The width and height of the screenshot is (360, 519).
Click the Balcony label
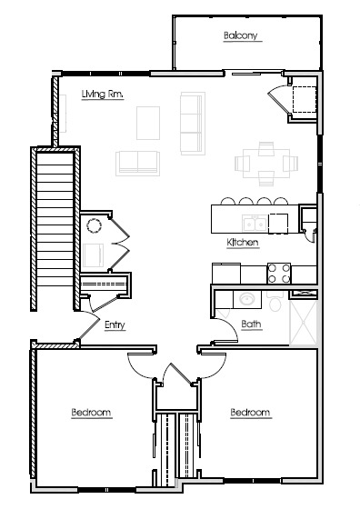pyautogui.click(x=241, y=36)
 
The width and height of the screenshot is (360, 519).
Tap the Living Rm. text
pyautogui.click(x=102, y=94)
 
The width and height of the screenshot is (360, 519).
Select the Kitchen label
pyautogui.click(x=244, y=243)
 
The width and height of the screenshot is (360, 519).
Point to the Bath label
pyautogui.click(x=252, y=324)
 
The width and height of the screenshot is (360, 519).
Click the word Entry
pyautogui.click(x=115, y=324)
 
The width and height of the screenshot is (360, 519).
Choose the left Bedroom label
pyautogui.click(x=91, y=413)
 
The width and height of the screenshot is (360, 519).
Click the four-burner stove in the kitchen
pyautogui.click(x=278, y=272)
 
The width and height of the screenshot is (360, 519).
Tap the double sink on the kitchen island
pyautogui.click(x=254, y=223)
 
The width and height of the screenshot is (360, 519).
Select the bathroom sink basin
pyautogui.click(x=244, y=298)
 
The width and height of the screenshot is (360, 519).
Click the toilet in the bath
pyautogui.click(x=275, y=299)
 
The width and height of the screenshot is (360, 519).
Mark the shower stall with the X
pyautogui.click(x=303, y=322)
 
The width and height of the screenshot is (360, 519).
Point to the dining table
pyautogui.click(x=266, y=163)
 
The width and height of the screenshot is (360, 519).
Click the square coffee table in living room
pyautogui.click(x=148, y=121)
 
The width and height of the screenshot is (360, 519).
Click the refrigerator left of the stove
pyautogui.click(x=226, y=273)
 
